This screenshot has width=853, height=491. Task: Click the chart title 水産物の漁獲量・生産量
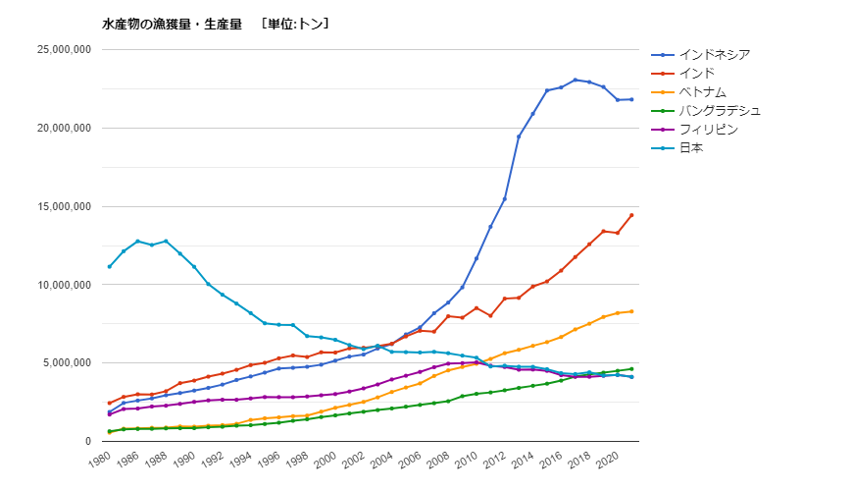172,24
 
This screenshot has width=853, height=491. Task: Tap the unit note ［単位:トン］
295,24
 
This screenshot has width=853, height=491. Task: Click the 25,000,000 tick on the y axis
63,50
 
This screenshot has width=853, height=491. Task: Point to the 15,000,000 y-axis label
63,206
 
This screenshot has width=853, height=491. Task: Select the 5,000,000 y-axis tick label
66,363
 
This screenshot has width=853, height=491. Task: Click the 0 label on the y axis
88,441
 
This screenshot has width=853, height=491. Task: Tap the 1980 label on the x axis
99,459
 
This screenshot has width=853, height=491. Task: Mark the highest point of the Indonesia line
575,80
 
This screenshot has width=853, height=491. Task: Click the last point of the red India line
631,215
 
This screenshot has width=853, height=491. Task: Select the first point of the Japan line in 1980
109,266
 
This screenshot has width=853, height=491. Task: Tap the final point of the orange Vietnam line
631,311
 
